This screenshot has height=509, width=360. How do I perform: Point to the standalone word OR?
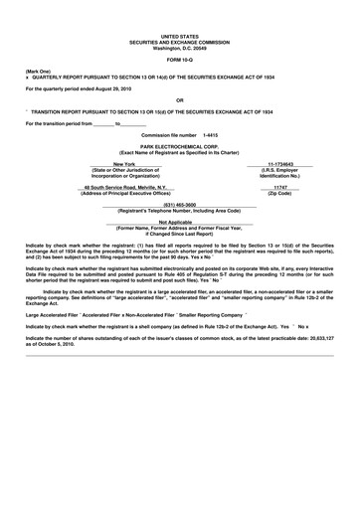click(179, 100)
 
